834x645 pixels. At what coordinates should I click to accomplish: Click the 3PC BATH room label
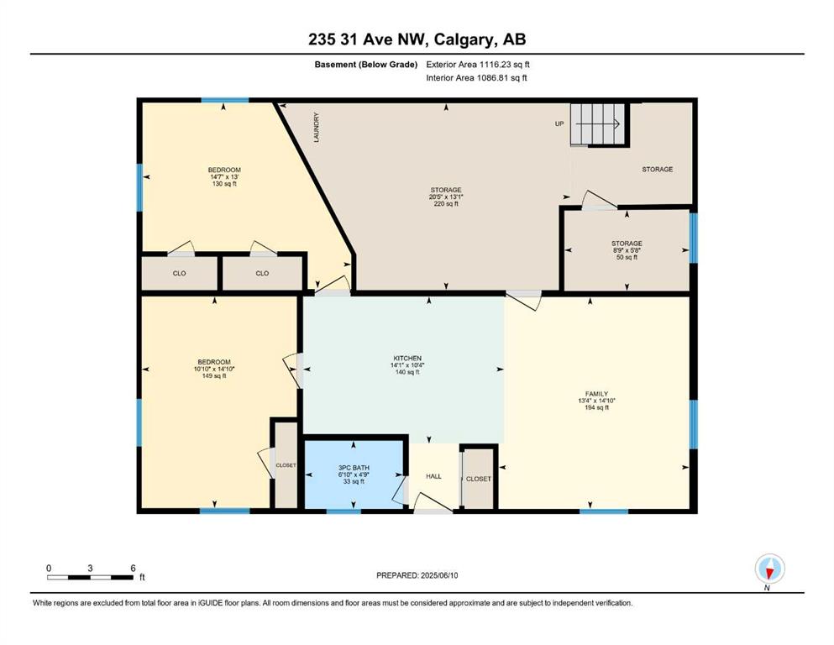click(354, 468)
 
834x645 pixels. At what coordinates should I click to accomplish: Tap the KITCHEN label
click(407, 359)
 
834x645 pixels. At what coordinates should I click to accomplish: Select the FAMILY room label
click(596, 394)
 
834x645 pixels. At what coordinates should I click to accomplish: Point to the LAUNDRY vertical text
click(317, 127)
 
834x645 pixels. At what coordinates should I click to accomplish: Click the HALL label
click(433, 476)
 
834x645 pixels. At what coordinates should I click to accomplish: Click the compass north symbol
click(769, 569)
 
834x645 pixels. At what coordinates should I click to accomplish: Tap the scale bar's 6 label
click(133, 568)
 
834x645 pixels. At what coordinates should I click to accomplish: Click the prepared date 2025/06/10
click(439, 575)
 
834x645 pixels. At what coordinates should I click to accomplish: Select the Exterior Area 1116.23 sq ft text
click(478, 65)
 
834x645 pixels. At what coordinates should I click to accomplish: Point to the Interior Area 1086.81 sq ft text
click(476, 78)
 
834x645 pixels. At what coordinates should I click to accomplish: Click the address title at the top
click(417, 39)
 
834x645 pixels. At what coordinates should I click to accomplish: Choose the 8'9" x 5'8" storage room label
click(627, 250)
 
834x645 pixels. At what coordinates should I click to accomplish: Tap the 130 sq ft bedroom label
click(224, 183)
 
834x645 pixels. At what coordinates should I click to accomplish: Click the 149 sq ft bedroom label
click(214, 375)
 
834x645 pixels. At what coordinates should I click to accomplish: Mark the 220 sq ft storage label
click(446, 203)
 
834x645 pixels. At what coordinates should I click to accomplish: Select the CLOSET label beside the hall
click(479, 479)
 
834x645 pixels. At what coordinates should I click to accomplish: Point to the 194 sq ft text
click(596, 407)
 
